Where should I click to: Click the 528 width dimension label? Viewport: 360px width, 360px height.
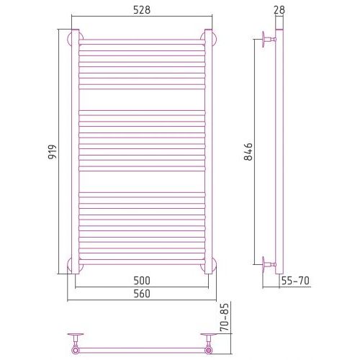pos(142,10)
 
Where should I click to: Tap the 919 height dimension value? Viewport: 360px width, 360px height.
pos(52,152)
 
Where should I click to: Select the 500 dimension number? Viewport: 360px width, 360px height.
pos(142,281)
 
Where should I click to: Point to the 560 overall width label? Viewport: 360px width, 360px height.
pos(142,294)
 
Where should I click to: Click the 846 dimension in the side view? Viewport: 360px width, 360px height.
pos(248,152)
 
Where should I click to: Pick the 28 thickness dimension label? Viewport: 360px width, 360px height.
pos(279,10)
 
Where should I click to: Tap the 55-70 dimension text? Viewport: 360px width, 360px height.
pos(295,281)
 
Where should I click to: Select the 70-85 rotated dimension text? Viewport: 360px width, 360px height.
pos(225,318)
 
